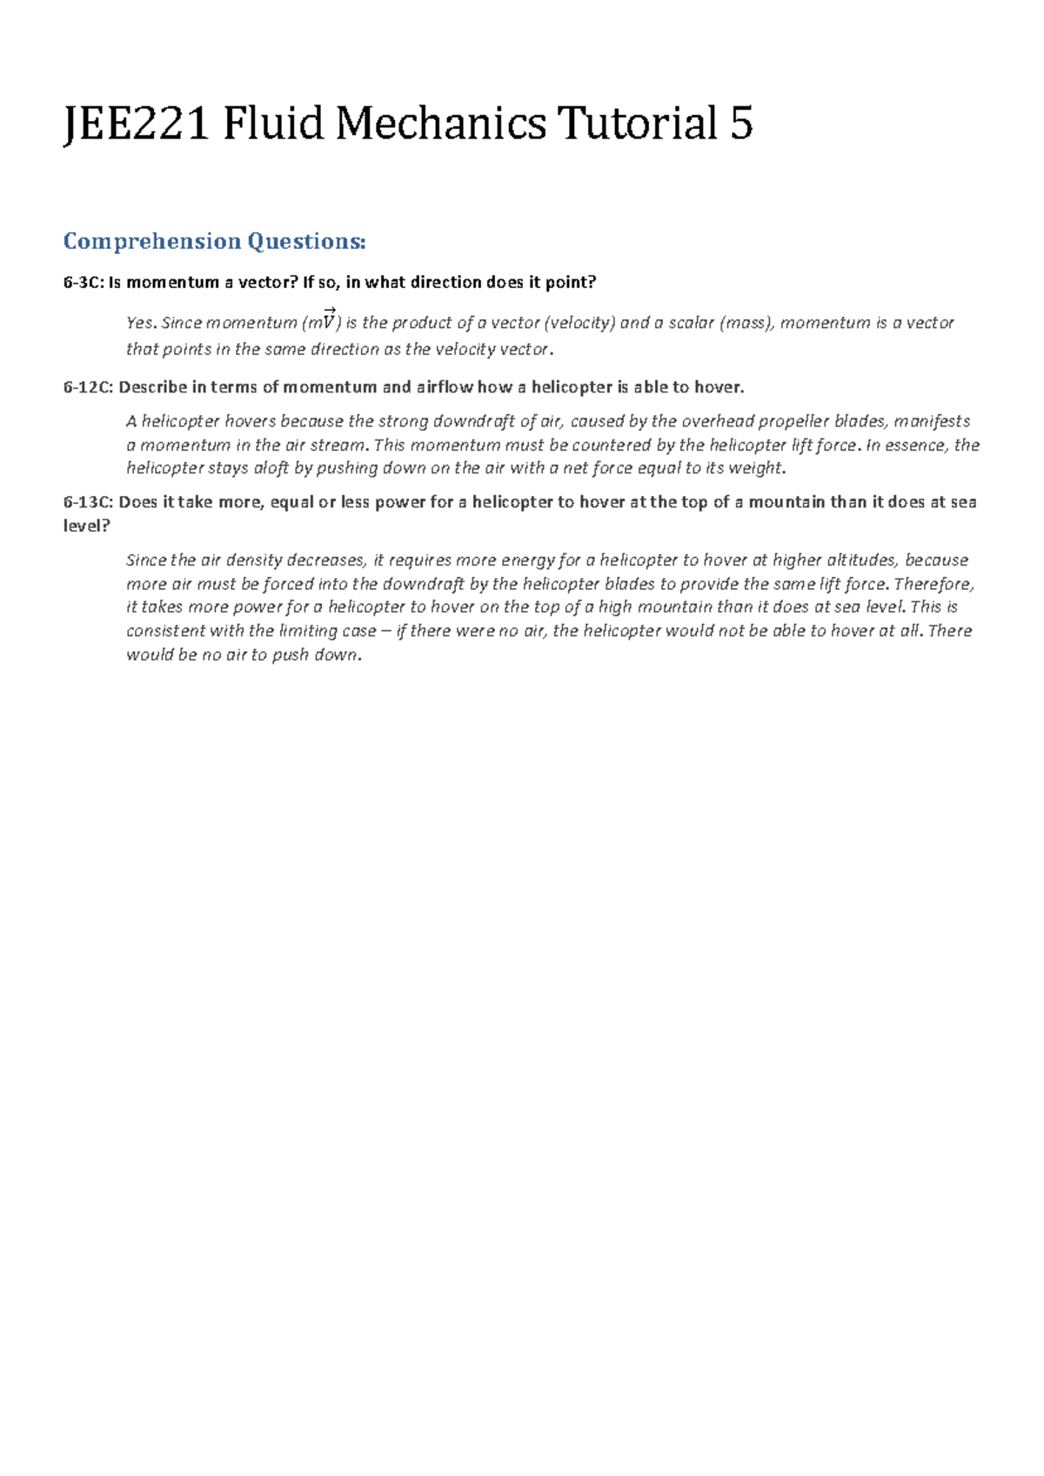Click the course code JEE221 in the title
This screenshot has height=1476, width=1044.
coord(137,124)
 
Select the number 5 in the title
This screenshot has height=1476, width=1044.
coord(741,124)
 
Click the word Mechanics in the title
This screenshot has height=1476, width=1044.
coord(441,124)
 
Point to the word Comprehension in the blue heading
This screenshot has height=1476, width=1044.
coord(152,241)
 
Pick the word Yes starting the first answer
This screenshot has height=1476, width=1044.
coord(141,323)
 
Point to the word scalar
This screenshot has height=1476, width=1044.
coord(691,323)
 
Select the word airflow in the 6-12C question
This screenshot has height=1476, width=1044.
coord(445,387)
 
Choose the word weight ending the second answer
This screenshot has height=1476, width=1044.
coord(756,468)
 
